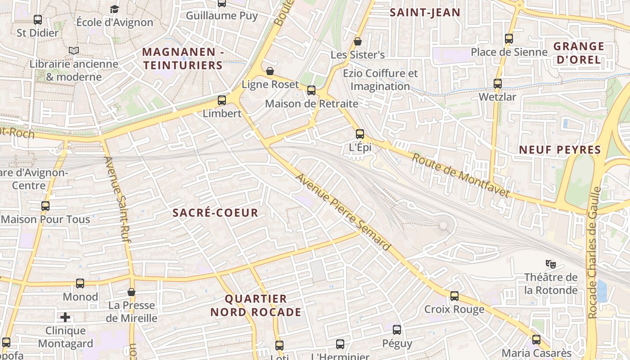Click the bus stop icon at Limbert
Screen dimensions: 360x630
pyautogui.click(x=222, y=100)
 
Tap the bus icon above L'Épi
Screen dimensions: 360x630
pyautogui.click(x=360, y=134)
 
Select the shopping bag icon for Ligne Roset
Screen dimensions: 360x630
pyautogui.click(x=270, y=71)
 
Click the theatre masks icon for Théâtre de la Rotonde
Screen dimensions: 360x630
pyautogui.click(x=549, y=264)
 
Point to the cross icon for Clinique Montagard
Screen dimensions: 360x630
pyautogui.click(x=65, y=317)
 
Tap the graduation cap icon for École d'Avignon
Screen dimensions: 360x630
pyautogui.click(x=115, y=9)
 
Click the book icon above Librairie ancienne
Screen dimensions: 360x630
pyautogui.click(x=74, y=51)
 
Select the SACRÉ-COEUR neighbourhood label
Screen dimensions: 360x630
pyautogui.click(x=216, y=213)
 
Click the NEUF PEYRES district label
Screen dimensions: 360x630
pyautogui.click(x=560, y=150)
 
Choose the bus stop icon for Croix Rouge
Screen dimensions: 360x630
pyautogui.click(x=454, y=296)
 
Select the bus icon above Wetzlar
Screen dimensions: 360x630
pyautogui.click(x=497, y=84)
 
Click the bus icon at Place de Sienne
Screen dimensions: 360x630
pyautogui.click(x=509, y=39)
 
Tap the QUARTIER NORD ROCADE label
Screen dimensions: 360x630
pyautogui.click(x=256, y=305)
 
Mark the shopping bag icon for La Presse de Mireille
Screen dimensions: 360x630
pyautogui.click(x=131, y=292)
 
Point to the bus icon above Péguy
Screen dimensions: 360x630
pyautogui.click(x=397, y=330)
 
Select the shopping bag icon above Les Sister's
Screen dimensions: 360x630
pyautogui.click(x=358, y=41)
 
